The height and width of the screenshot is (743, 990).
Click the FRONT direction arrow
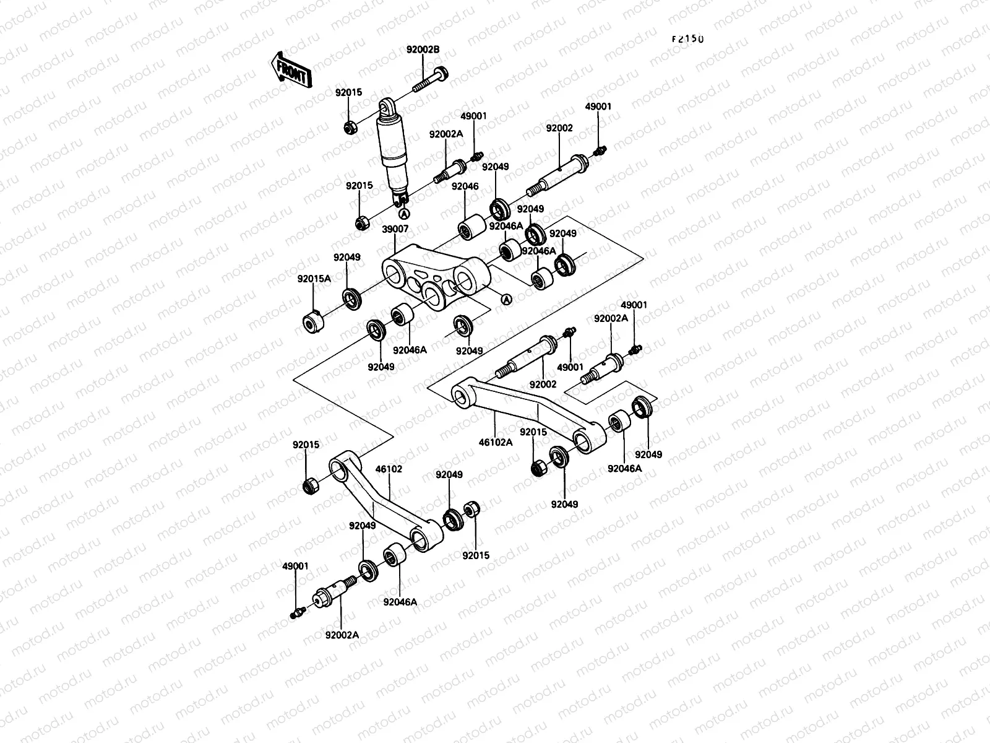[x=290, y=69]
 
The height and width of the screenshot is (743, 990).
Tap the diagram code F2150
[x=688, y=38]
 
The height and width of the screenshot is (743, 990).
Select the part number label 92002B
[x=423, y=50]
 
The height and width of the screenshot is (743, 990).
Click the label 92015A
[x=314, y=279]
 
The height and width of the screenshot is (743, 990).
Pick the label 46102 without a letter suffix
[x=389, y=469]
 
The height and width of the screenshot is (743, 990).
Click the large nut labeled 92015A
[x=312, y=323]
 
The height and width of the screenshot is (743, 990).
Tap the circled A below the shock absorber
[x=403, y=215]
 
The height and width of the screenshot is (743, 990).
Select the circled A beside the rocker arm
[x=506, y=300]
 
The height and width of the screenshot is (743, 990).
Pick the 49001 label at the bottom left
[x=295, y=566]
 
